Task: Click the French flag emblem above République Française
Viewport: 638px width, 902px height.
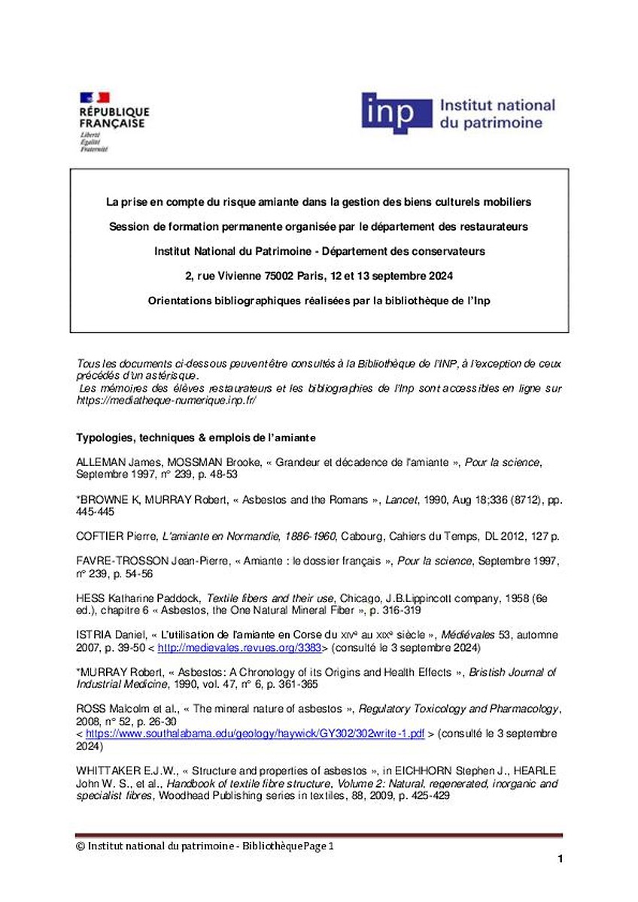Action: click(x=95, y=97)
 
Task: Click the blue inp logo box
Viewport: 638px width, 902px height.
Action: click(x=396, y=114)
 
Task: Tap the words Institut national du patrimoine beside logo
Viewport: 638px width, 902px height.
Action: click(x=497, y=114)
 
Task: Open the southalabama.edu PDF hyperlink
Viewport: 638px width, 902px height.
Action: click(x=256, y=733)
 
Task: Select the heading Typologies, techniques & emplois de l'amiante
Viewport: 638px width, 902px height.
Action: click(x=196, y=437)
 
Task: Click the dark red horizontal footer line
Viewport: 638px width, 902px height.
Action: click(x=319, y=834)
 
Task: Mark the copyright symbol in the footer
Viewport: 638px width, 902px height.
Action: click(x=81, y=846)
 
